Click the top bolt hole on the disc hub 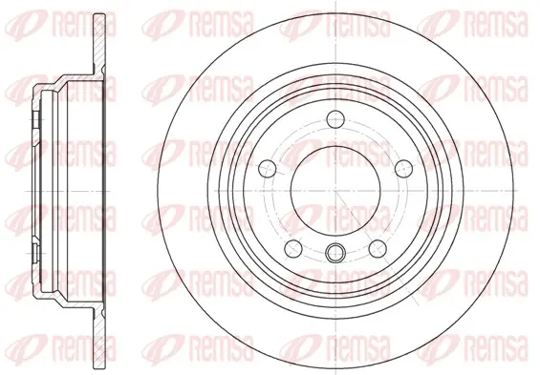pos(335,119)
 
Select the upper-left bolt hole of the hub pos(268,169)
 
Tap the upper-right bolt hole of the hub pos(403,169)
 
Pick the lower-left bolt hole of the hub pos(293,249)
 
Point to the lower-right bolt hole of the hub pos(378,249)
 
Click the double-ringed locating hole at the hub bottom pos(335,253)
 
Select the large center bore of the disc pos(335,191)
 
